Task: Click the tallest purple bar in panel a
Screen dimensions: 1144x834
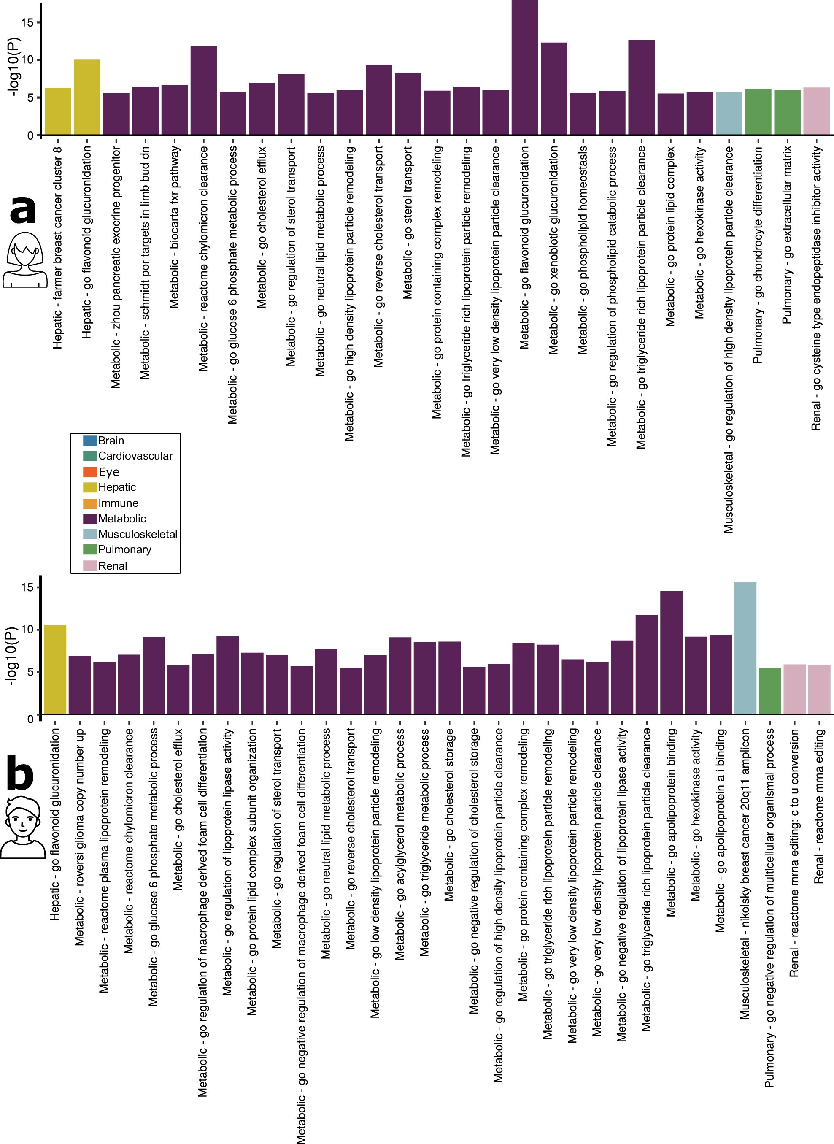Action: coord(524,68)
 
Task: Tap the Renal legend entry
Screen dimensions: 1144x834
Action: coord(112,565)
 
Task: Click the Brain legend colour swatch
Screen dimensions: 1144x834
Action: coord(90,440)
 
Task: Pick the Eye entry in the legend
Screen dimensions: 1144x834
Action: coord(108,471)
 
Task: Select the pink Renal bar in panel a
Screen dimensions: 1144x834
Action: coord(816,111)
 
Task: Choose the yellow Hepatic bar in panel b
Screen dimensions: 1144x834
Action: coord(55,669)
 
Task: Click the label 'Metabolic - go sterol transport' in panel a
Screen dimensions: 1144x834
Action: coord(408,222)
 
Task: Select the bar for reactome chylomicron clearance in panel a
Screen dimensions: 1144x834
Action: coord(203,90)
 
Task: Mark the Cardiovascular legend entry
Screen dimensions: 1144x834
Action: coord(135,456)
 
